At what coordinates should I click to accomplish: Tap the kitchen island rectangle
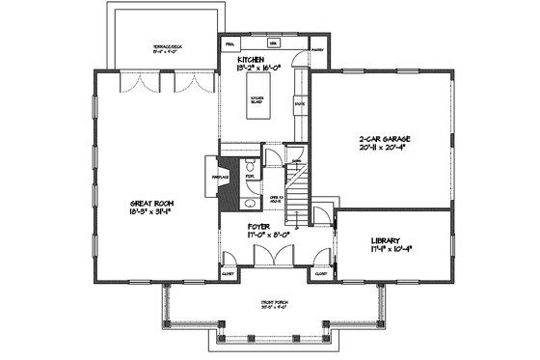[259, 103]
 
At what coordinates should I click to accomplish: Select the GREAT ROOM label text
[154, 203]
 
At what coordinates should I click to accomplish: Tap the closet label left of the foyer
[228, 273]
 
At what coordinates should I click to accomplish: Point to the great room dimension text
[154, 212]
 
